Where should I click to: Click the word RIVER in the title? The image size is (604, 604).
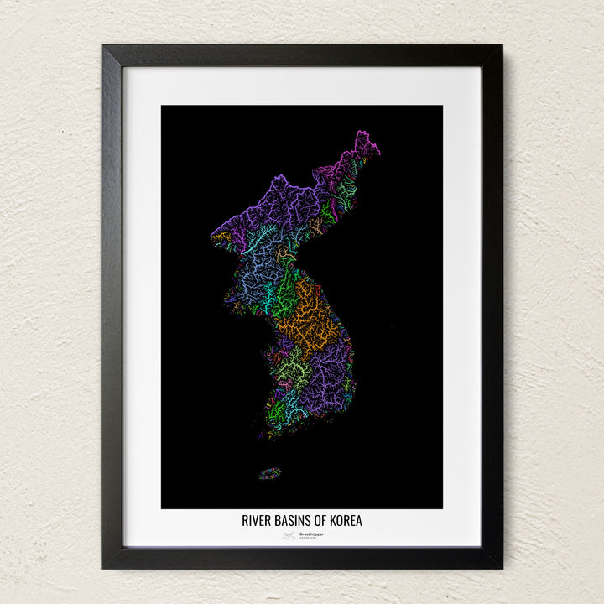pyautogui.click(x=256, y=521)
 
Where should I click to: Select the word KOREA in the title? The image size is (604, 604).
pyautogui.click(x=346, y=521)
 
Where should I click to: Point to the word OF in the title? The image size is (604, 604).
pyautogui.click(x=320, y=521)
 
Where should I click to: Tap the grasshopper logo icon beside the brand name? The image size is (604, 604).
pyautogui.click(x=288, y=535)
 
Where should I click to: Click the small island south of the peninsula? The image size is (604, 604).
pyautogui.click(x=269, y=473)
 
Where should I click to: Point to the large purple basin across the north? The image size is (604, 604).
pyautogui.click(x=268, y=214)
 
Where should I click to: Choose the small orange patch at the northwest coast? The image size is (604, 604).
pyautogui.click(x=221, y=237)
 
